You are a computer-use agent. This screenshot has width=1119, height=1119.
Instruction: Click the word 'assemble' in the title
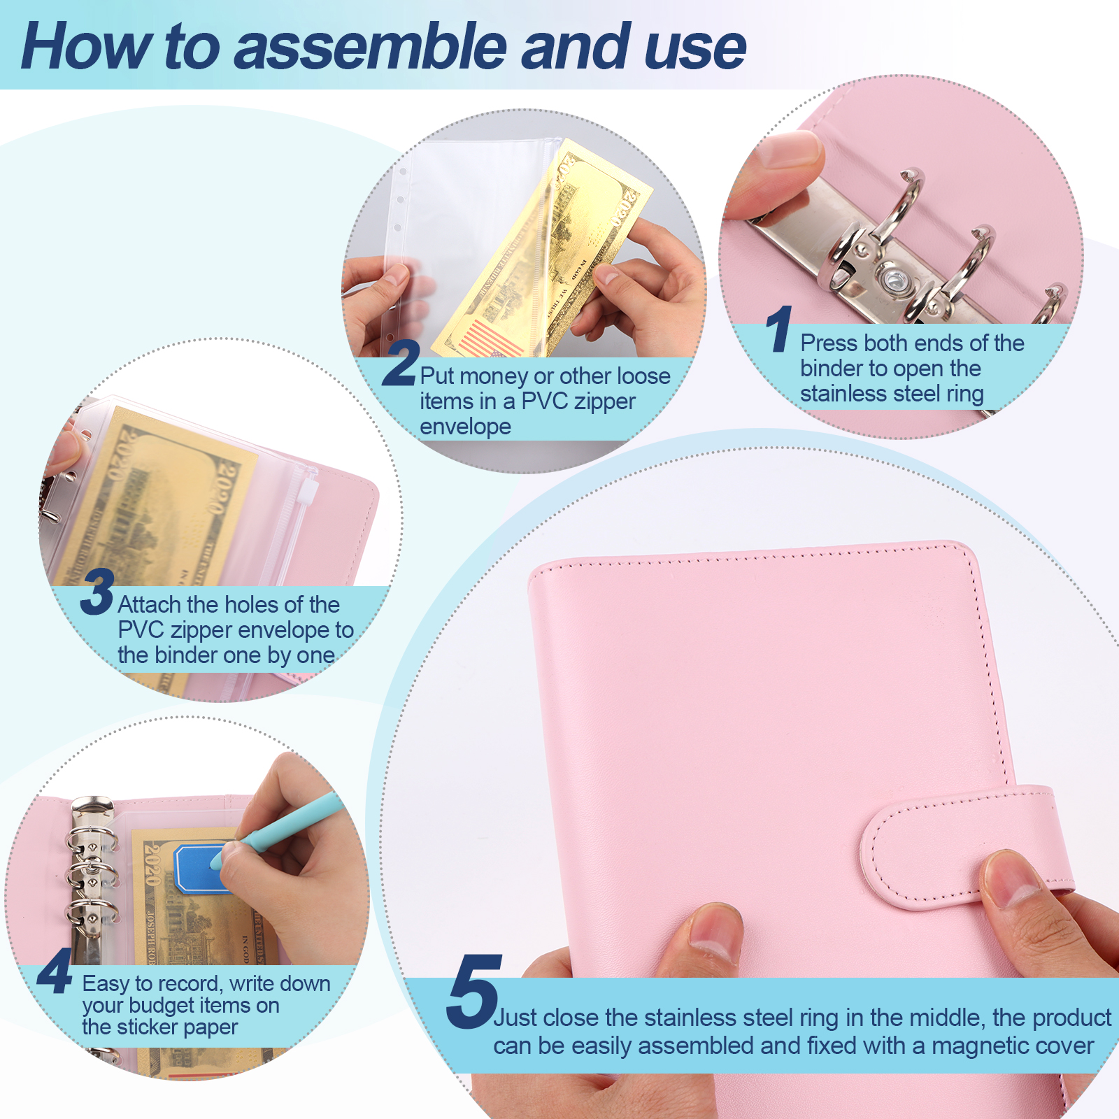click(369, 47)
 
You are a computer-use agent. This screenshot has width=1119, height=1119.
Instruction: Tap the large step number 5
click(474, 991)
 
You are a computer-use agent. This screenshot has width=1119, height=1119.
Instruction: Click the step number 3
click(97, 592)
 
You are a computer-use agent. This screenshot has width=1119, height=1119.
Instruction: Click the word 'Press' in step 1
click(829, 343)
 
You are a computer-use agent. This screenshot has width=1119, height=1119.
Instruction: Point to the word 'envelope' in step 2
click(465, 427)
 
